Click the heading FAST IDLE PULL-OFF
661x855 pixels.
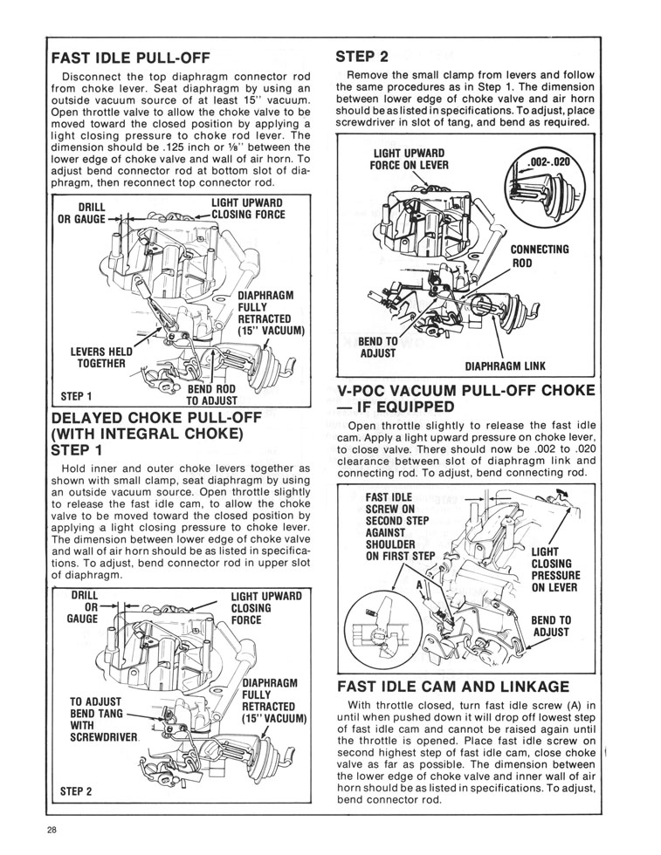[x=130, y=58]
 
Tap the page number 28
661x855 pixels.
[x=52, y=831]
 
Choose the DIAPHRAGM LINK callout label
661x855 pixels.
[x=505, y=366]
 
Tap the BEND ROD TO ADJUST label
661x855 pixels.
[x=211, y=394]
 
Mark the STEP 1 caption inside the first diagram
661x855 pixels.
[x=77, y=396]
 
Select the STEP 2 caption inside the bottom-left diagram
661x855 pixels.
[x=76, y=791]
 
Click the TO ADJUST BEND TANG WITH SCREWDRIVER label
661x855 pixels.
[x=104, y=719]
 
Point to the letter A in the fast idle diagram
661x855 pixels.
[x=420, y=585]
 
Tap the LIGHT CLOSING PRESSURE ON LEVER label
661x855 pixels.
[x=555, y=569]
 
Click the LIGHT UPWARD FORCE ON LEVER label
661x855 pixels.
[x=409, y=159]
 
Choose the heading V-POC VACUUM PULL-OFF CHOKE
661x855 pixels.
[x=465, y=399]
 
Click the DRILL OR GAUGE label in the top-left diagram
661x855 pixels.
[x=82, y=213]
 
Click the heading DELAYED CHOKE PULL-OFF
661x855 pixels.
[x=156, y=418]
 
